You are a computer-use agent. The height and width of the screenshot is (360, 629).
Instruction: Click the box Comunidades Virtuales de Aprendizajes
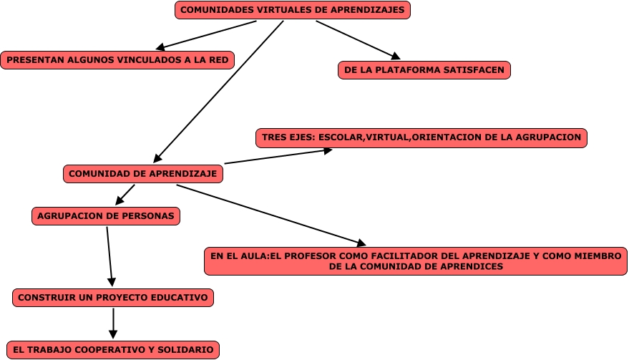pos(293,11)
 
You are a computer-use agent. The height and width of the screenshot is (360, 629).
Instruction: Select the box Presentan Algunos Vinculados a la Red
pos(118,60)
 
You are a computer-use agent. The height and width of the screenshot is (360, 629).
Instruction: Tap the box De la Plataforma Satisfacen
pos(424,70)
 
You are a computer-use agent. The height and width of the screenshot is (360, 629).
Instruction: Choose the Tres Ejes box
pos(421,137)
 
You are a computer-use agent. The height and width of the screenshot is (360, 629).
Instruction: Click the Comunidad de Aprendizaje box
pos(143,174)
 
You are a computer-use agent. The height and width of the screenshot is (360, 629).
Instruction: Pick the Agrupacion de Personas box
pos(105,215)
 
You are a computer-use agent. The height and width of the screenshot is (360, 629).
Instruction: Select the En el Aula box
pos(415,261)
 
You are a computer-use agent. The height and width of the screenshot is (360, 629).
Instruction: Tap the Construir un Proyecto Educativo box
pos(113,297)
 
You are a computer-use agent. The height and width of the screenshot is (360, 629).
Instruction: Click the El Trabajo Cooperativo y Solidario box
pos(113,350)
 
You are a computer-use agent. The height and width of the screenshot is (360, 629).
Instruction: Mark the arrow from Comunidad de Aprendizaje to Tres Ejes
pos(278,156)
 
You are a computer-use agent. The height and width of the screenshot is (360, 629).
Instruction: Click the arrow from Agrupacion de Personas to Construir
pos(109,256)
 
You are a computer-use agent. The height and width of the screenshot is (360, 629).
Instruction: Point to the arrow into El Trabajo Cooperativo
pos(113,323)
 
